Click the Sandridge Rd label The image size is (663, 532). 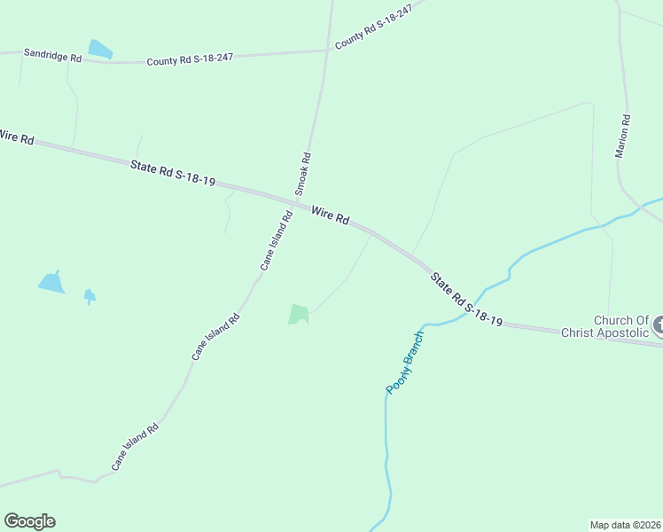tap(52, 56)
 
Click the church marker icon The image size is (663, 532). tap(658, 326)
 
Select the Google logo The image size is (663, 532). tap(29, 521)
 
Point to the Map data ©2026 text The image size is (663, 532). tap(625, 524)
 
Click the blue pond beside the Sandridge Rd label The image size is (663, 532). tap(99, 50)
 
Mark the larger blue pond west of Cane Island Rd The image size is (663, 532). tap(51, 283)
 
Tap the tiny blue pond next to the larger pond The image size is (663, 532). tap(89, 295)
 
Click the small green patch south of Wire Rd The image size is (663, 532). tap(298, 314)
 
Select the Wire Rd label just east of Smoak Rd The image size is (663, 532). tap(330, 215)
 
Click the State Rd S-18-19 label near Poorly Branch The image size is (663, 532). tap(467, 299)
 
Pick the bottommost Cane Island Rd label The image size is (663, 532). tap(135, 446)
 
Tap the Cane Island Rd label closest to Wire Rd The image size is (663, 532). tap(276, 240)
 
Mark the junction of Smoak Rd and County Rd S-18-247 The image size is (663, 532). tap(328, 51)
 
